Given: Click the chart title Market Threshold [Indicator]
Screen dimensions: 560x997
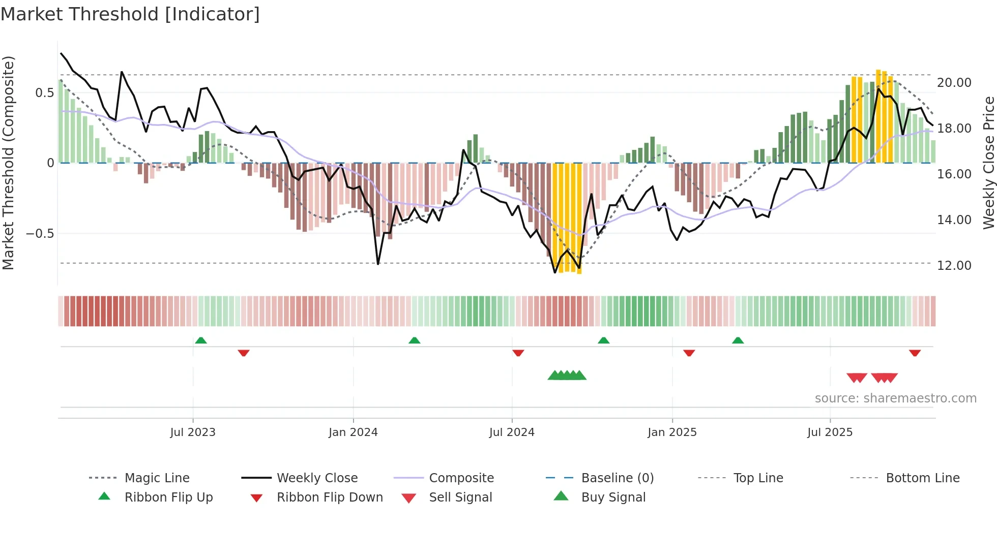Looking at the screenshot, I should pos(130,14).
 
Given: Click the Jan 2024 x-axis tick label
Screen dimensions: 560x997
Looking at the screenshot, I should pos(353,432).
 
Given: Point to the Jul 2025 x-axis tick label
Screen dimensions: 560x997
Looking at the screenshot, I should pos(830,432).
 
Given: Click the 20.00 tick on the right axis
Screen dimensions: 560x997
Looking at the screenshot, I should pos(954,82).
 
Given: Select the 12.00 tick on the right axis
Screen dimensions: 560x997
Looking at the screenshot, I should pos(954,265).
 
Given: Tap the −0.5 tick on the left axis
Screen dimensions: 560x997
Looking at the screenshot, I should pos(40,233).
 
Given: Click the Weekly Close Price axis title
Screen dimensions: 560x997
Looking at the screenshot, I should pos(988,163).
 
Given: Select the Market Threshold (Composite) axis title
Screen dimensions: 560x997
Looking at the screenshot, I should pos(8,163).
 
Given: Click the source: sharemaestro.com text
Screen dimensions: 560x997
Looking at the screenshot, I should pos(895,398).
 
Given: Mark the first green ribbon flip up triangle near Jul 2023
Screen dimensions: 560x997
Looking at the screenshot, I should pos(201,340).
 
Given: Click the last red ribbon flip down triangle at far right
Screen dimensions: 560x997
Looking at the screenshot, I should pos(915,353).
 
